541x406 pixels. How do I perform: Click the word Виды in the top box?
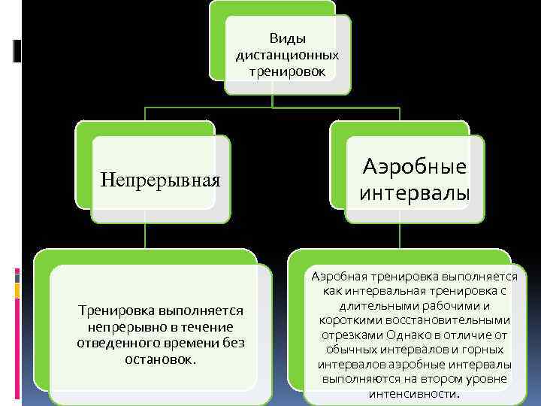(x=287, y=38)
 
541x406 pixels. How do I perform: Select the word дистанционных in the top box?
(x=287, y=55)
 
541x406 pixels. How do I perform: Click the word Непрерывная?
(x=160, y=180)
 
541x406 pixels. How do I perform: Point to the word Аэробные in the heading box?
(x=415, y=167)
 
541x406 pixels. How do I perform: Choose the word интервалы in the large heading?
(x=415, y=193)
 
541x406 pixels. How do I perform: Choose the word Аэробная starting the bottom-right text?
(x=343, y=277)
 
